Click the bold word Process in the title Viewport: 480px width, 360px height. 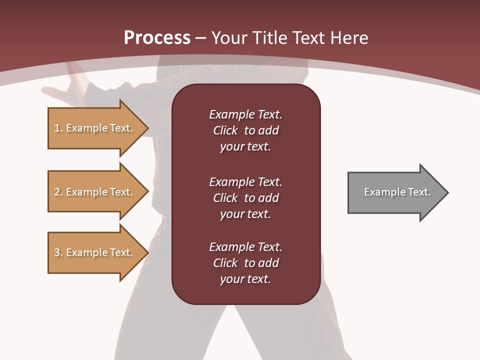(x=157, y=37)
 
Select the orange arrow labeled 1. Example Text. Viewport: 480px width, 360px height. (x=95, y=128)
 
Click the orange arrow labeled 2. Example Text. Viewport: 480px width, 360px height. (x=95, y=192)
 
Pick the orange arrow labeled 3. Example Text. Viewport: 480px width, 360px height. (x=95, y=252)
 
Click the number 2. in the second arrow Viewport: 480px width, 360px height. (x=58, y=192)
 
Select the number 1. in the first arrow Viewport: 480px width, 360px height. (x=58, y=128)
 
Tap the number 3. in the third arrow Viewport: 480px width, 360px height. (x=58, y=252)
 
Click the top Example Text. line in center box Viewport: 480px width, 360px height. (x=245, y=114)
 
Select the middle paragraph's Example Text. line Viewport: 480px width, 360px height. (x=245, y=182)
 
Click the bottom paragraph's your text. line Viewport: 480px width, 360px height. (x=245, y=279)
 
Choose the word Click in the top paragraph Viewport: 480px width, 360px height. (x=225, y=130)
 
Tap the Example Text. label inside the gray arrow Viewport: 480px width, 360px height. (x=397, y=192)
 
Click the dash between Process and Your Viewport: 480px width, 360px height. (x=200, y=38)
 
